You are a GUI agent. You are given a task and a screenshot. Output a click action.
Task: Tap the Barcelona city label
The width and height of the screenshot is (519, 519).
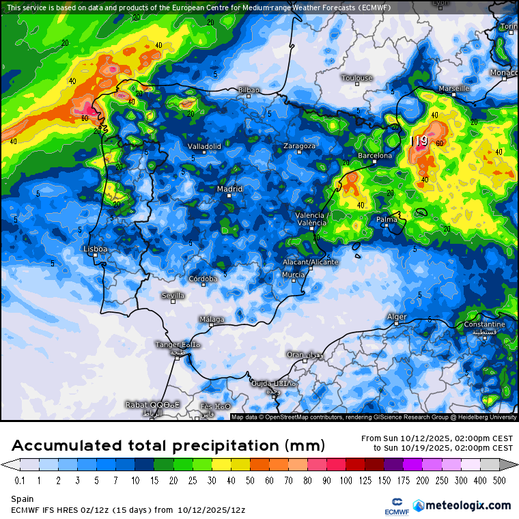tap(375, 156)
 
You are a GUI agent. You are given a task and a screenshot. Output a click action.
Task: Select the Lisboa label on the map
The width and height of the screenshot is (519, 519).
tap(95, 249)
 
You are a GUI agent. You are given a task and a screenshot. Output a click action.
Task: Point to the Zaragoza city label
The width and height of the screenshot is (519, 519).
tap(300, 146)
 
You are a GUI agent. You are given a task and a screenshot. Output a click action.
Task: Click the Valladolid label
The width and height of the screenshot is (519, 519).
tap(204, 146)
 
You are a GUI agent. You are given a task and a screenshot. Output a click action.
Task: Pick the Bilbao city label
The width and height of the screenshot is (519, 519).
tap(249, 89)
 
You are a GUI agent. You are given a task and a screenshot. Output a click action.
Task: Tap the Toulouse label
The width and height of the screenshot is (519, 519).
tap(357, 78)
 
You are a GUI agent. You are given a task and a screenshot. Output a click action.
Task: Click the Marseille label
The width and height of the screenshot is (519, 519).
tap(454, 89)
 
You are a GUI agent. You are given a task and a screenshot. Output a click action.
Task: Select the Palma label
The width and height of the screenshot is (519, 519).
tap(387, 219)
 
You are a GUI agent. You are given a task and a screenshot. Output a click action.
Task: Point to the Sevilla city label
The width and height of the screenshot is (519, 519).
tap(173, 295)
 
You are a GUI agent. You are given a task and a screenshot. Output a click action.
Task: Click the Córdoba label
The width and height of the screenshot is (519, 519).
tap(203, 278)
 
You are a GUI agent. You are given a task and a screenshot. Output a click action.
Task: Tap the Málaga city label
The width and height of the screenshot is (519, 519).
tap(211, 319)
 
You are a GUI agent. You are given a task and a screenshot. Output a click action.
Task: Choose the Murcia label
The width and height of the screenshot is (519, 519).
tap(293, 275)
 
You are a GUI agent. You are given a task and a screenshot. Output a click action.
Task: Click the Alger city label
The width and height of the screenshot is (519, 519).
tap(397, 317)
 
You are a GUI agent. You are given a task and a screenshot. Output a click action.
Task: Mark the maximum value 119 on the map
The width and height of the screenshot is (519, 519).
tap(419, 141)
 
